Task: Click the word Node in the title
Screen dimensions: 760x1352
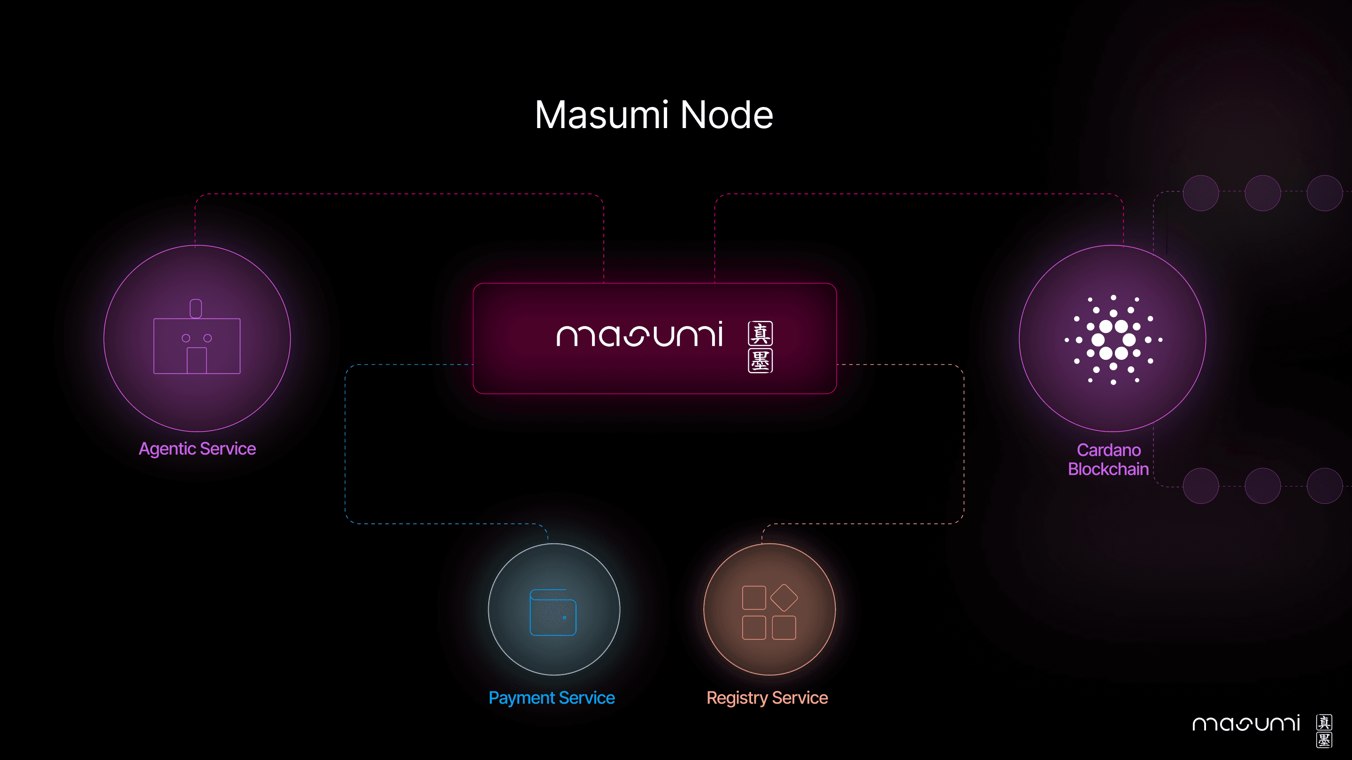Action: pos(726,115)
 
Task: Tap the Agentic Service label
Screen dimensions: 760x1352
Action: pos(197,449)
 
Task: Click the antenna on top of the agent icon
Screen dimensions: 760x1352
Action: pos(196,308)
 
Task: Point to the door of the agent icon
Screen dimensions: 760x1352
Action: pos(197,360)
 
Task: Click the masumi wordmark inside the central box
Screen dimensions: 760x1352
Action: pos(639,336)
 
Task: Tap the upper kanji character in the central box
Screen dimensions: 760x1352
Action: pos(760,334)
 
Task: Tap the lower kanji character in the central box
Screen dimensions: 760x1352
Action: pos(760,361)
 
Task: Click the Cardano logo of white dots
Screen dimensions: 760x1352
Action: pos(1113,340)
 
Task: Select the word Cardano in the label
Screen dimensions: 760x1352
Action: pos(1108,450)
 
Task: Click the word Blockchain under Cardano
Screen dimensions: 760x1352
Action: pos(1108,469)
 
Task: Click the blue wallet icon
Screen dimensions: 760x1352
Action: pos(553,612)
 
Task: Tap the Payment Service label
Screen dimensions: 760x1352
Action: pos(552,698)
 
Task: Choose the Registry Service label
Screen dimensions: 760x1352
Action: pos(768,698)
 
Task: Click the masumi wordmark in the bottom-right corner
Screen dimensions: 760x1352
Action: pos(1246,724)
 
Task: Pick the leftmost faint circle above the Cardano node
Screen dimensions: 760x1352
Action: pos(1201,193)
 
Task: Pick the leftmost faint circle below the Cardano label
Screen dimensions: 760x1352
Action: pos(1201,486)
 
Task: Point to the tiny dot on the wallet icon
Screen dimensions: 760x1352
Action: pos(565,617)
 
